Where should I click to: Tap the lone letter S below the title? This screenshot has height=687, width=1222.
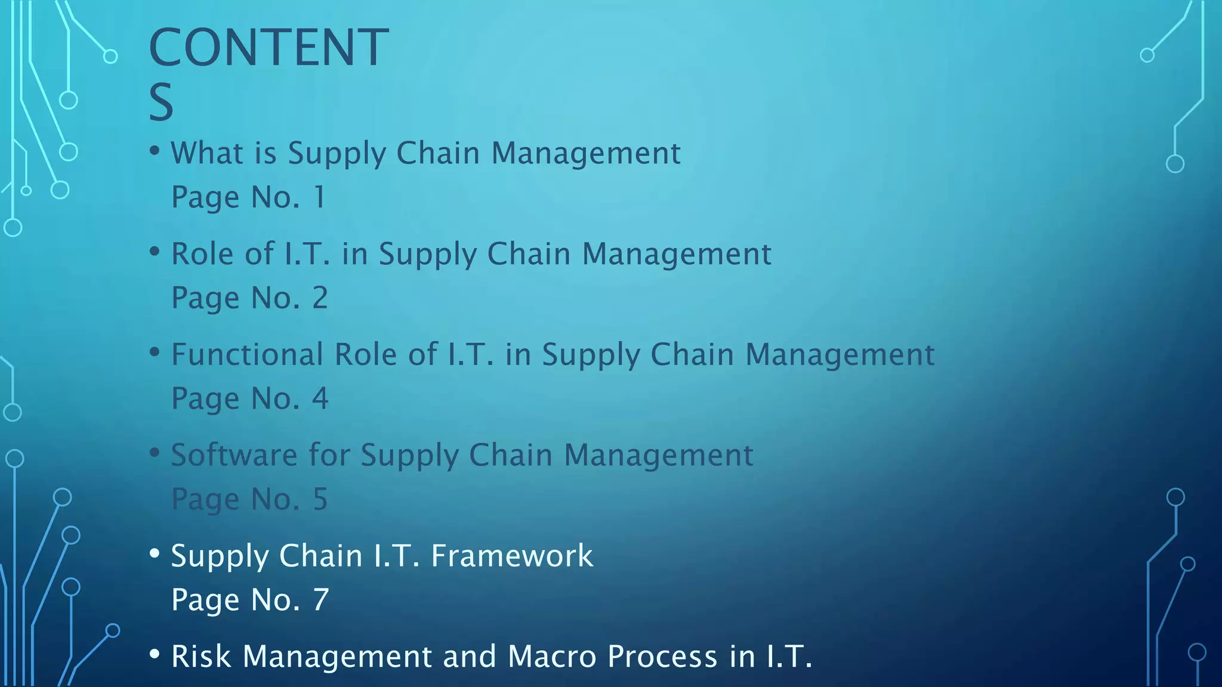point(161,103)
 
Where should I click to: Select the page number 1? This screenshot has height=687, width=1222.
point(320,197)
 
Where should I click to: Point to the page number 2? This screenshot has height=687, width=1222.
point(320,298)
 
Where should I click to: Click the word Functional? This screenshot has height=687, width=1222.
point(246,354)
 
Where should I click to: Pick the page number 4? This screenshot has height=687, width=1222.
point(320,398)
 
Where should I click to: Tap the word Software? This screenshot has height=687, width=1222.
point(234,455)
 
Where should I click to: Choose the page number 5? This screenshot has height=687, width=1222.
point(320,499)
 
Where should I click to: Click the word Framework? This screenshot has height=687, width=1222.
point(512,556)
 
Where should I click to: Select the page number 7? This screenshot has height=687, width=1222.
point(321,600)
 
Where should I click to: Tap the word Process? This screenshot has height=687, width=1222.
point(662,657)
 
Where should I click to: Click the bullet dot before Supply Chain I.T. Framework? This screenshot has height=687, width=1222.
point(155,553)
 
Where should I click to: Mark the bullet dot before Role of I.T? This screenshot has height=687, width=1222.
point(155,251)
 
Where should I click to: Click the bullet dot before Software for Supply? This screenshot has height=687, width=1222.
point(155,453)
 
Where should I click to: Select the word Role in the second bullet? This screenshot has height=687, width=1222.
point(202,254)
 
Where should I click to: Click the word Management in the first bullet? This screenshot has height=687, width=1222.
point(585,153)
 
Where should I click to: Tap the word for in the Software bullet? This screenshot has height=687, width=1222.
point(329,455)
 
